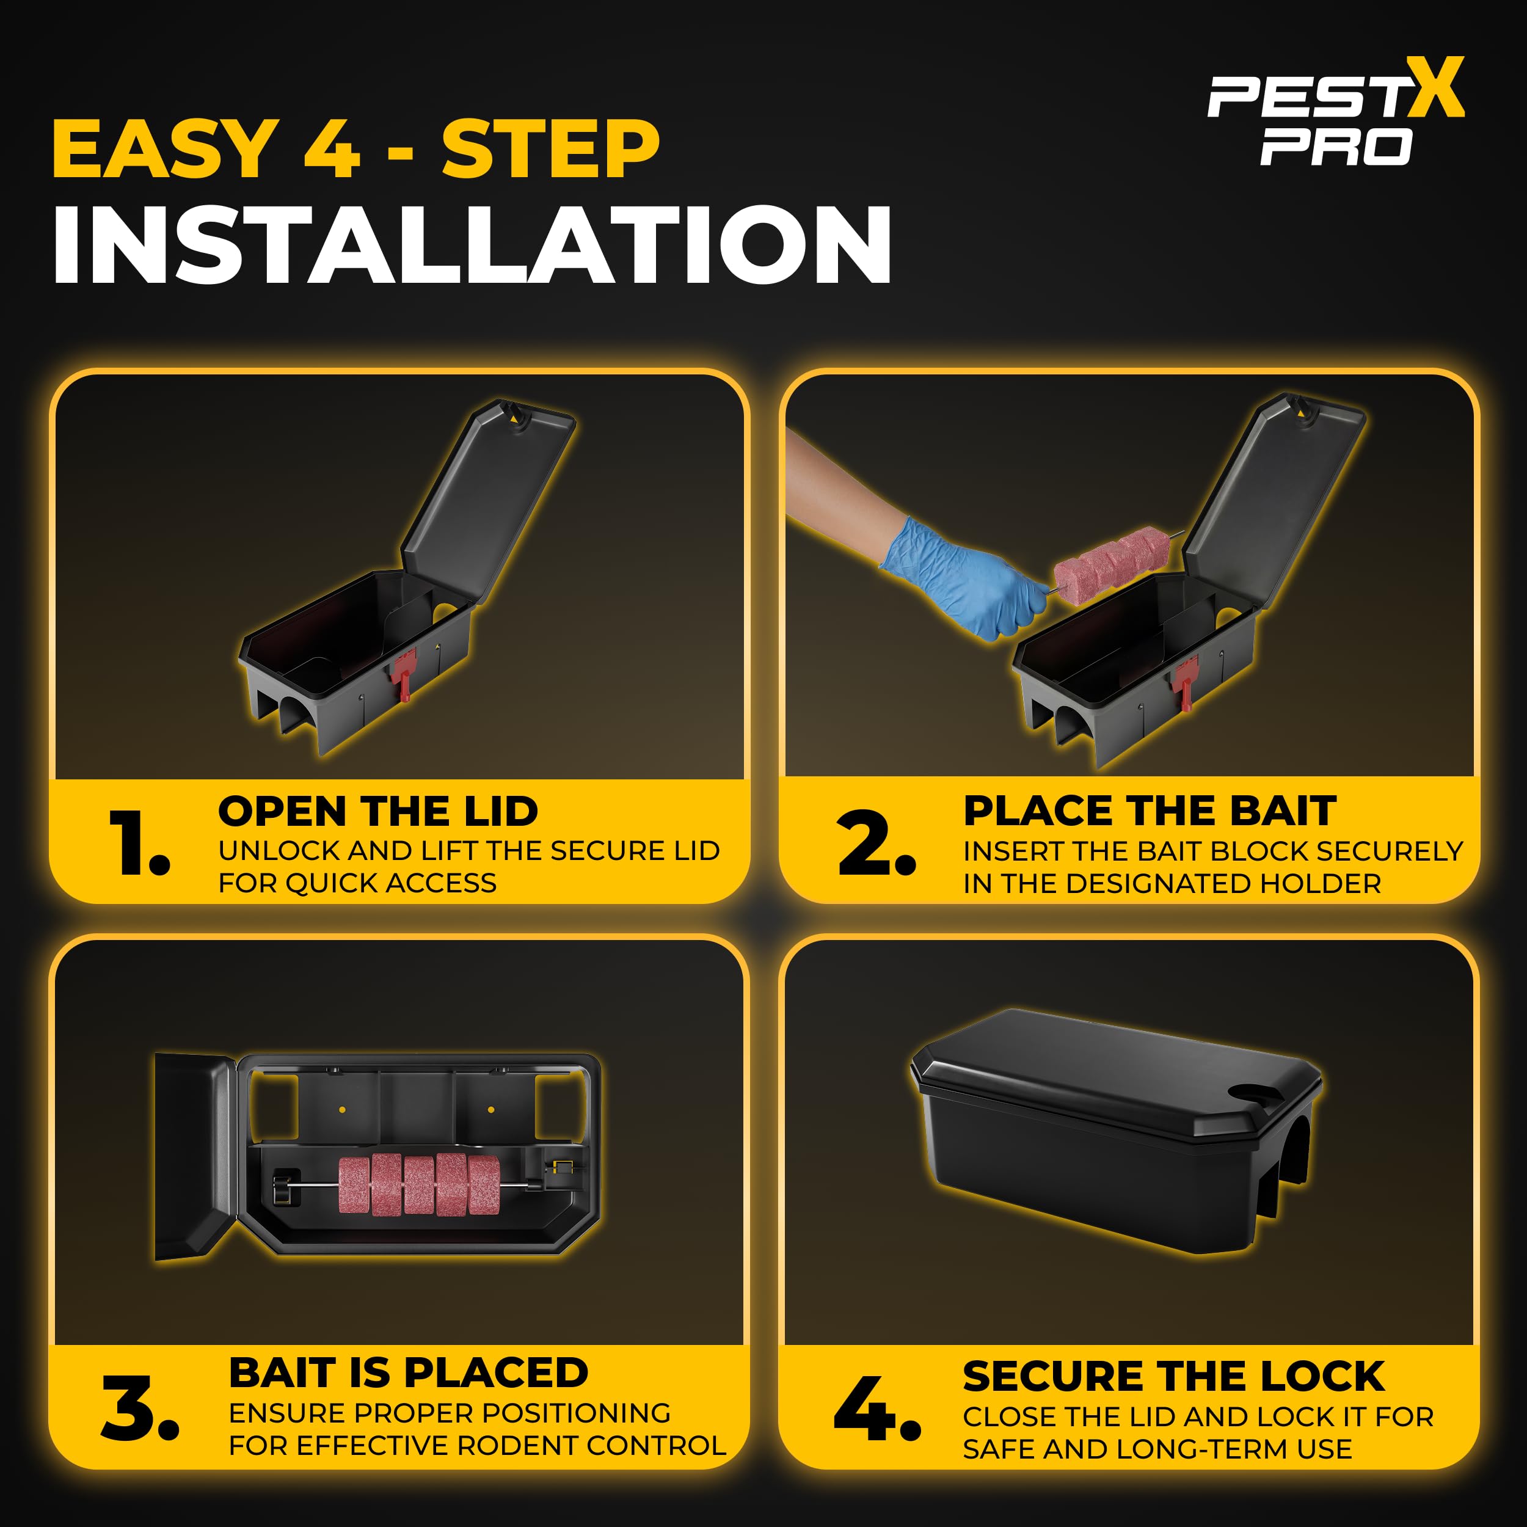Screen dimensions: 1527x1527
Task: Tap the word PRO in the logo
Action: [x=1336, y=148]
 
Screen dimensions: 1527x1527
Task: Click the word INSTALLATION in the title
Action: [x=473, y=244]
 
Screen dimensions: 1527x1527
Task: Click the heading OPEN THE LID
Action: [x=378, y=811]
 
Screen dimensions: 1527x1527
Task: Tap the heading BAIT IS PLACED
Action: [x=409, y=1373]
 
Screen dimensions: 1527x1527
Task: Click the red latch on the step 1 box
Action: [x=403, y=673]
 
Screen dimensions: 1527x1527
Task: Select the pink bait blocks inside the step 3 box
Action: [x=419, y=1184]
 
